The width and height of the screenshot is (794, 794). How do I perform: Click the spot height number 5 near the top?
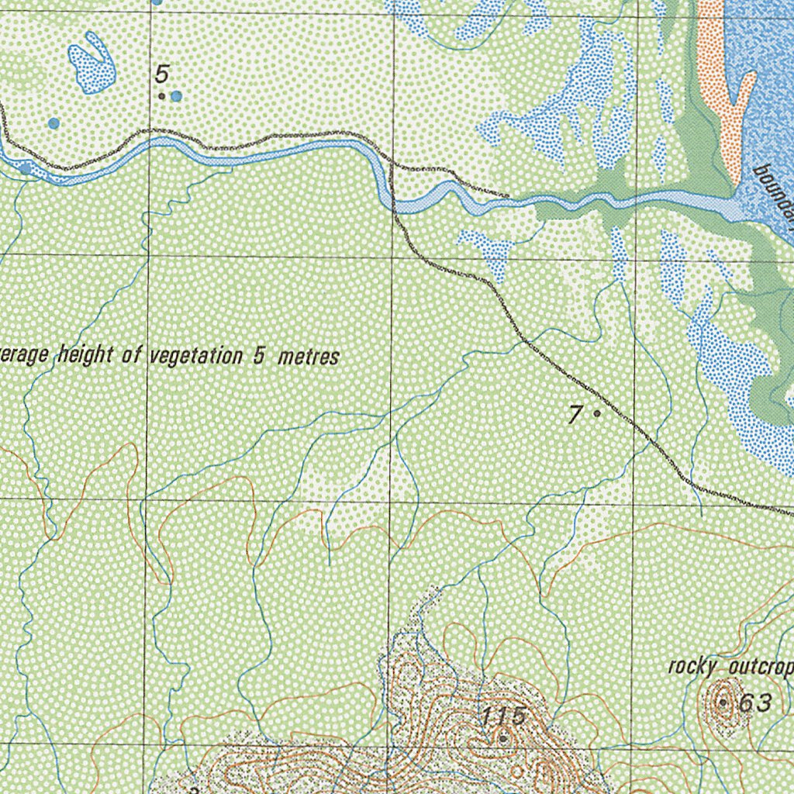click(x=161, y=74)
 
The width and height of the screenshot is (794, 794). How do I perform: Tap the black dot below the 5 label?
click(x=161, y=96)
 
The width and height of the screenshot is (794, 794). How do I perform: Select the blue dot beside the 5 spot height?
click(x=177, y=96)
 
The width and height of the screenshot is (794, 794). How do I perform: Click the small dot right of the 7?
click(x=596, y=413)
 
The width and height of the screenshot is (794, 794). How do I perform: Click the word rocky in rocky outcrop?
click(x=692, y=667)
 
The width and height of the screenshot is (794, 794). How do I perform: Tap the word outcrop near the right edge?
click(x=761, y=668)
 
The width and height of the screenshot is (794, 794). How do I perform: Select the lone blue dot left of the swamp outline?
click(x=54, y=123)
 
